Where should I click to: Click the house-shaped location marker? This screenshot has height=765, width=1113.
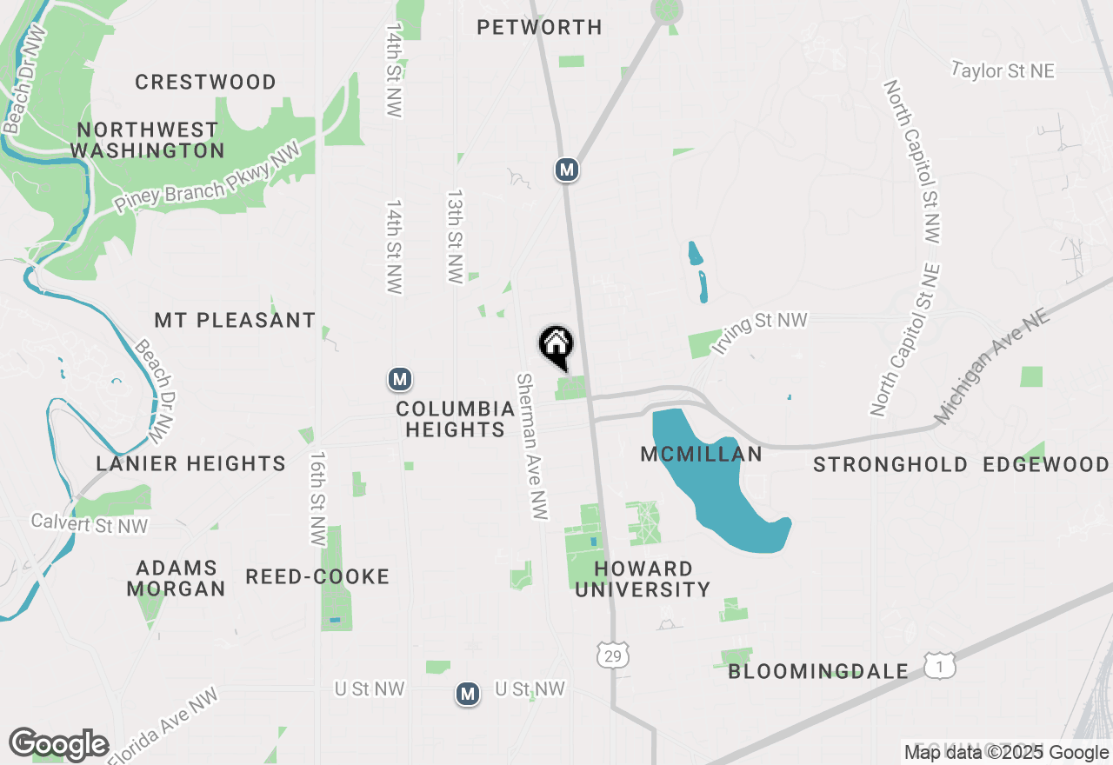point(556,346)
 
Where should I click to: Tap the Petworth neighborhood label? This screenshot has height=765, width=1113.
point(539,28)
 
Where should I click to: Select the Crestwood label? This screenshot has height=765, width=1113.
point(206,83)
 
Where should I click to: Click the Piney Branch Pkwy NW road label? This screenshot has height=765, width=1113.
point(207,176)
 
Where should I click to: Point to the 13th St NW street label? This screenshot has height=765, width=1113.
point(454,236)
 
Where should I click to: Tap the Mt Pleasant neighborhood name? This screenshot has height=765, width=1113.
point(235,321)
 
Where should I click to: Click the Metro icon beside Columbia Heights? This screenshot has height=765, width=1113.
point(399,379)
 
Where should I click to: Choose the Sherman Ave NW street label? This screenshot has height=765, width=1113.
point(532,447)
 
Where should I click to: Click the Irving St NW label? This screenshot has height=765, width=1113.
point(759,332)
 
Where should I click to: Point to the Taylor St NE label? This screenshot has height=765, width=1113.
point(1003,71)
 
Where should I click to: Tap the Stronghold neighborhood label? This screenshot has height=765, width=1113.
point(890,465)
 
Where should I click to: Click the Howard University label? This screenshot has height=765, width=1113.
point(643,579)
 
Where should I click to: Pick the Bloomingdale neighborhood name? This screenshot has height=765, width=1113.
point(818,672)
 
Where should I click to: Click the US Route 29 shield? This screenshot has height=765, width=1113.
point(613,655)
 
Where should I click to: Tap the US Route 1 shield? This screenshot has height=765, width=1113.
point(939,667)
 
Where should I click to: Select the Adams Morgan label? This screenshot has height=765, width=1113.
point(177,578)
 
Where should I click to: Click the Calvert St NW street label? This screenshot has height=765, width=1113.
point(90,523)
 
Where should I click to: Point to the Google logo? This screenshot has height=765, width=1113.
point(58,744)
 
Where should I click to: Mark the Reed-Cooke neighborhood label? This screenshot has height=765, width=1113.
point(317,577)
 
